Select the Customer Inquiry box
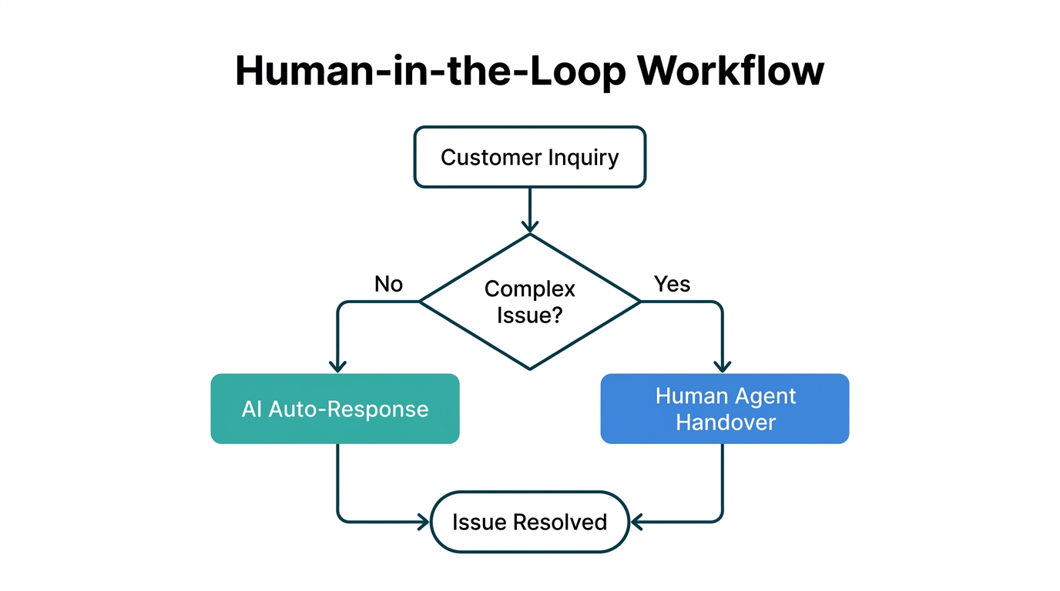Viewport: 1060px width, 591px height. coord(530,158)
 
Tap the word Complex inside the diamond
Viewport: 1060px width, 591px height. coord(530,289)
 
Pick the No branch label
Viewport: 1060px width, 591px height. coord(388,284)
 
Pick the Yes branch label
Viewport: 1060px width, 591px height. coord(672,284)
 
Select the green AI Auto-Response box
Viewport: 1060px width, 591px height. coord(335,409)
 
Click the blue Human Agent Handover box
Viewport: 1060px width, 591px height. coord(725,409)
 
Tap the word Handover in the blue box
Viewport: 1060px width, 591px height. coord(725,422)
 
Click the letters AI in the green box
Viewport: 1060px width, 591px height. coord(252,409)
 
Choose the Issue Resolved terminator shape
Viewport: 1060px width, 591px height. coord(530,522)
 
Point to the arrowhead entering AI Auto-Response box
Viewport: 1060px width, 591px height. coord(337,366)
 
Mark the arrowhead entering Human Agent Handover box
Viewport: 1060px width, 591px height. coord(723,366)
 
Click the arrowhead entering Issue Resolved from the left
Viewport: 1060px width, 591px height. coord(423,522)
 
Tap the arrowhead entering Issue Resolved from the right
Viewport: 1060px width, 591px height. coord(636,522)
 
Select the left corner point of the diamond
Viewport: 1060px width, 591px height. coord(421,302)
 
